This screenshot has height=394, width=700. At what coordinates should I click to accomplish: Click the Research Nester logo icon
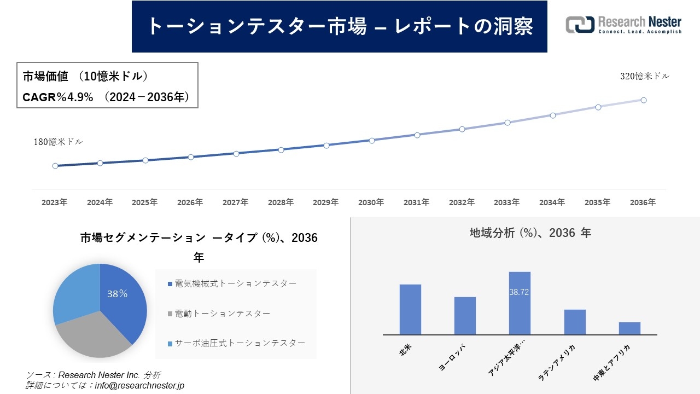580,25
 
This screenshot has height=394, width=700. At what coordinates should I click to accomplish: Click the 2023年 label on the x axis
55,202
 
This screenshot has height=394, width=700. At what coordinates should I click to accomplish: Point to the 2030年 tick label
371,202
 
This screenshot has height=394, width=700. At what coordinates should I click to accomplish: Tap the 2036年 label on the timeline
643,202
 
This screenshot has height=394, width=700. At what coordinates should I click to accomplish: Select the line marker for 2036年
644,100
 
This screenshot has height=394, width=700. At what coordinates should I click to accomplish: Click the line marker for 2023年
55,166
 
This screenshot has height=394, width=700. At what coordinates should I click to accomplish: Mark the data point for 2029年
326,146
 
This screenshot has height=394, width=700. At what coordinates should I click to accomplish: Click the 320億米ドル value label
644,77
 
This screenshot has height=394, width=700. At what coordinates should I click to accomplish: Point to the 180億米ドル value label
59,142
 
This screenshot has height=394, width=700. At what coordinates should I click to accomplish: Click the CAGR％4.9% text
58,97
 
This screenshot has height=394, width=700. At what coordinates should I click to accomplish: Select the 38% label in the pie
117,294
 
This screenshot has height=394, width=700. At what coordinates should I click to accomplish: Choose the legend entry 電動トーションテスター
222,314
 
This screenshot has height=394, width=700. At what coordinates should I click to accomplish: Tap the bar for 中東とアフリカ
629,328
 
